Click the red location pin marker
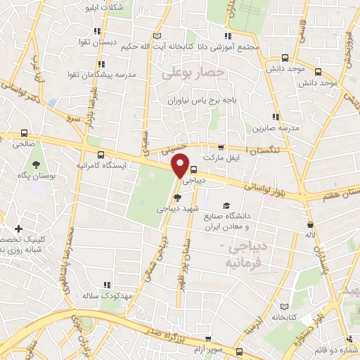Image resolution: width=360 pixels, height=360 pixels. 181,165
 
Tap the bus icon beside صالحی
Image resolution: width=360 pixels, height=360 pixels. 25,133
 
